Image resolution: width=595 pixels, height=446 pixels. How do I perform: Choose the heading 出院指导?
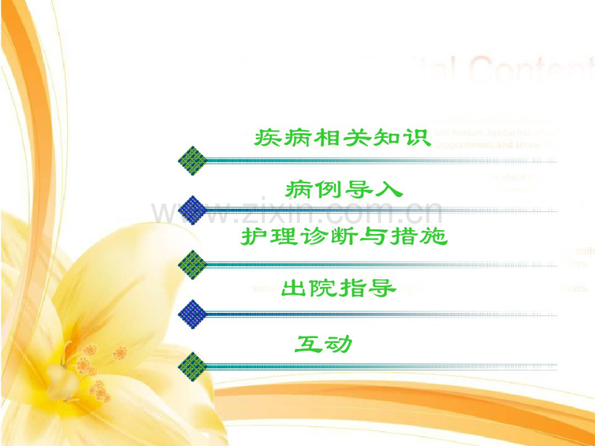pos(339,289)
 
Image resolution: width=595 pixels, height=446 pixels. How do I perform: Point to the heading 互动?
pos(323,343)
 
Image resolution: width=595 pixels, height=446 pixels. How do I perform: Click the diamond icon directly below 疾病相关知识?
pos(193,159)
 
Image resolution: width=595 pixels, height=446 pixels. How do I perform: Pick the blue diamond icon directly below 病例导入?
pos(193,210)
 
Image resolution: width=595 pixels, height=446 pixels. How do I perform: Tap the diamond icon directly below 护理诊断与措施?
pos(193,263)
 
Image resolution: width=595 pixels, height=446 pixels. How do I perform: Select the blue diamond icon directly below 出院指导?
pos(193,314)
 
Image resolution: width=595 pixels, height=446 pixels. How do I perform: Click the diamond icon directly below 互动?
pos(193,365)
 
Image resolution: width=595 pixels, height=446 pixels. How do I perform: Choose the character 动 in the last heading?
pos(339,343)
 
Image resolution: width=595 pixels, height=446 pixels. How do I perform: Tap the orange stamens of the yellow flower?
pos(94,372)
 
